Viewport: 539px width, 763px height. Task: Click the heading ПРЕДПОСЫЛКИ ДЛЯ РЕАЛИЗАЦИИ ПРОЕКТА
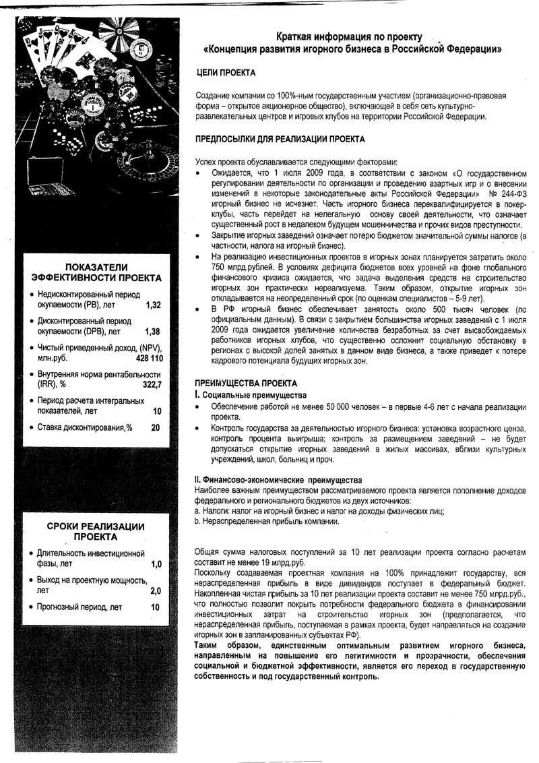[280, 140]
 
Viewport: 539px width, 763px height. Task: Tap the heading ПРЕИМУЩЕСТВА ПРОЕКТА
[236, 383]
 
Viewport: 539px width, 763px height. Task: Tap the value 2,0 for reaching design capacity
[156, 590]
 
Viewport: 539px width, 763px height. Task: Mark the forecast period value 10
[156, 607]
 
